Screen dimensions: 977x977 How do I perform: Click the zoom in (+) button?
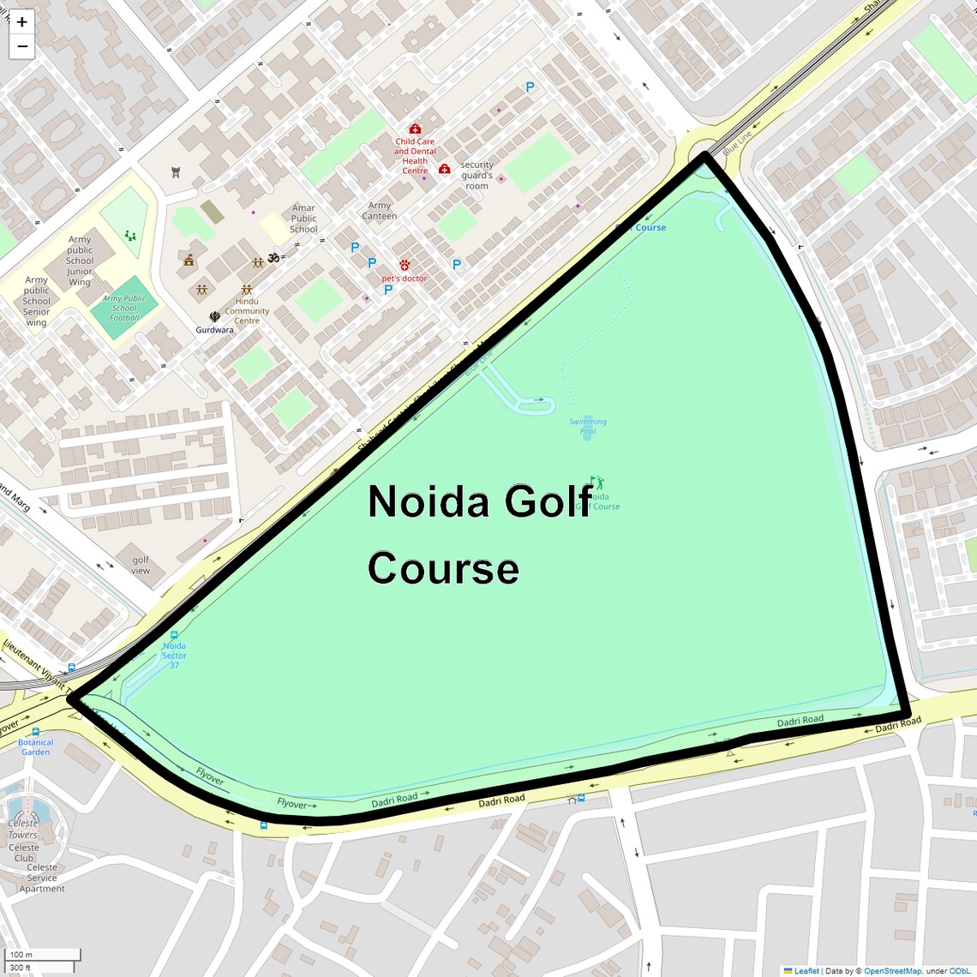(22, 22)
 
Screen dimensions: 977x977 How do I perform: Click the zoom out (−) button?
(22, 46)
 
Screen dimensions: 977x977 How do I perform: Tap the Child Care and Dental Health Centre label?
(415, 156)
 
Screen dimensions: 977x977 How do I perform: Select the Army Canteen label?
(380, 211)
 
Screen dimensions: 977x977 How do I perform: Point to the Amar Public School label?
(303, 219)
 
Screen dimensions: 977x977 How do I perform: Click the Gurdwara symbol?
(214, 316)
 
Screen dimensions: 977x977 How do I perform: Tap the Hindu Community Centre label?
(247, 311)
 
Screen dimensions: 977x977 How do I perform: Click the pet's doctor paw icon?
(405, 266)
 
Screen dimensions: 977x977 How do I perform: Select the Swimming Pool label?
(588, 426)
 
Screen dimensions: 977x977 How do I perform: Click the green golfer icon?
(597, 483)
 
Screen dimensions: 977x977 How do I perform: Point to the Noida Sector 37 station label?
(174, 656)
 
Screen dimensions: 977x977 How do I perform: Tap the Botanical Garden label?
(36, 747)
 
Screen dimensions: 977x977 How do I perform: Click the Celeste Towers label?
(23, 829)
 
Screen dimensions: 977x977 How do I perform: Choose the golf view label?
(141, 565)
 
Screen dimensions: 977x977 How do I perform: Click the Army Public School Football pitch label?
(124, 308)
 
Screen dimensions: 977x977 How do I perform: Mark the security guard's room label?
(477, 175)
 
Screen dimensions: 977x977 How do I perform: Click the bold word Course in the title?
(443, 568)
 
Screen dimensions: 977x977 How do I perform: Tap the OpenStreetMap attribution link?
(892, 971)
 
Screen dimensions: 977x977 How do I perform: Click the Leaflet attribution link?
(806, 971)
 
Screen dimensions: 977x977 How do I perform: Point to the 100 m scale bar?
(43, 955)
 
